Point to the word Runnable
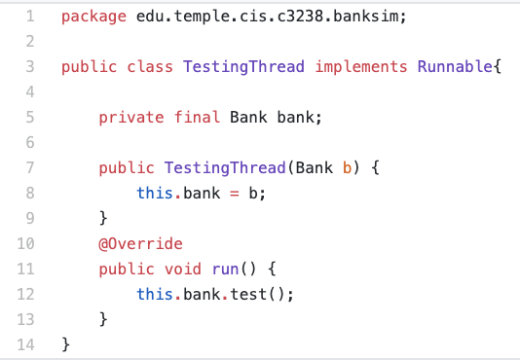pos(455,68)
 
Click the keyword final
pos(197,119)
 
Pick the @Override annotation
pos(140,243)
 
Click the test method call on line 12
pos(248,294)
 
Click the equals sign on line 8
pos(235,194)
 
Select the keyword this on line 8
pos(155,194)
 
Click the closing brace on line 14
pos(66,343)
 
